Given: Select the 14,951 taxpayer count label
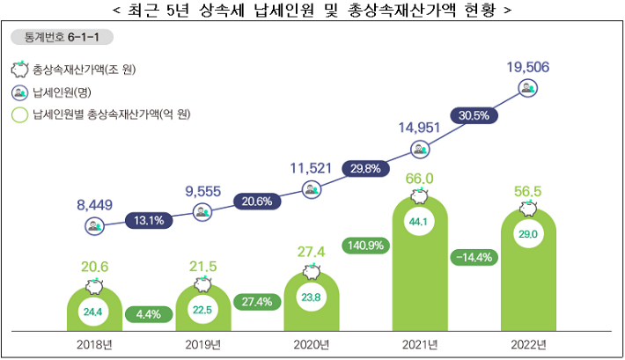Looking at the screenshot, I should pyautogui.click(x=418, y=129).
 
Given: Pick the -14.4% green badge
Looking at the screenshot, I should pyautogui.click(x=476, y=258).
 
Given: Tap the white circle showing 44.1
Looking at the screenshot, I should pyautogui.click(x=419, y=223).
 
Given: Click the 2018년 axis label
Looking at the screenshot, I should pyautogui.click(x=93, y=343).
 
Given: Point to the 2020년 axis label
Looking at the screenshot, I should pyautogui.click(x=311, y=343).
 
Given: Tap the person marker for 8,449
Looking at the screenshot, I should pyautogui.click(x=93, y=226).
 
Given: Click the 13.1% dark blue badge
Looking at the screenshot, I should pyautogui.click(x=147, y=220).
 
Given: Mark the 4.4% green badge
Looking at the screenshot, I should pyautogui.click(x=147, y=313).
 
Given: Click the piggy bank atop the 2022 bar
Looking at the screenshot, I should pyautogui.click(x=528, y=209).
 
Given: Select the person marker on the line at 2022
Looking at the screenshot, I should pyautogui.click(x=527, y=87).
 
